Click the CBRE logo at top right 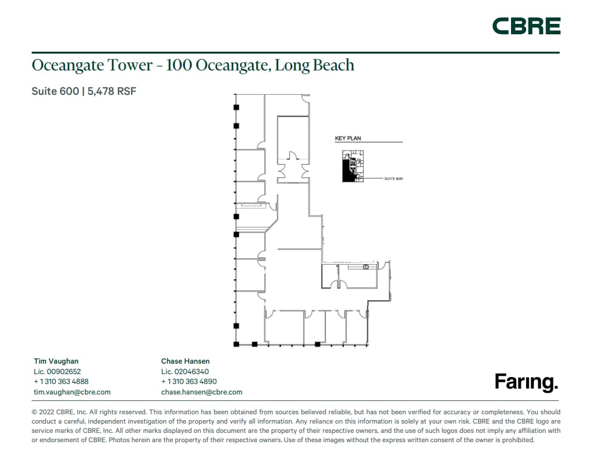click(526, 26)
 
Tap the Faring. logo click(526, 382)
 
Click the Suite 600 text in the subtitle click(55, 91)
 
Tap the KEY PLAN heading click(348, 138)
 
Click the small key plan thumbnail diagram click(352, 166)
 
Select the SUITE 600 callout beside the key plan click(393, 179)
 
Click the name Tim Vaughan click(56, 361)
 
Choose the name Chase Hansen click(185, 361)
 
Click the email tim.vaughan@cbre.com click(72, 392)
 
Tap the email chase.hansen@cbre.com click(201, 392)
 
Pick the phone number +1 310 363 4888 click(61, 382)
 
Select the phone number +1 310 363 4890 click(189, 382)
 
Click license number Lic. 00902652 click(57, 372)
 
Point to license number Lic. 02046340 click(185, 372)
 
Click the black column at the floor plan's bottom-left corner click(236, 344)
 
